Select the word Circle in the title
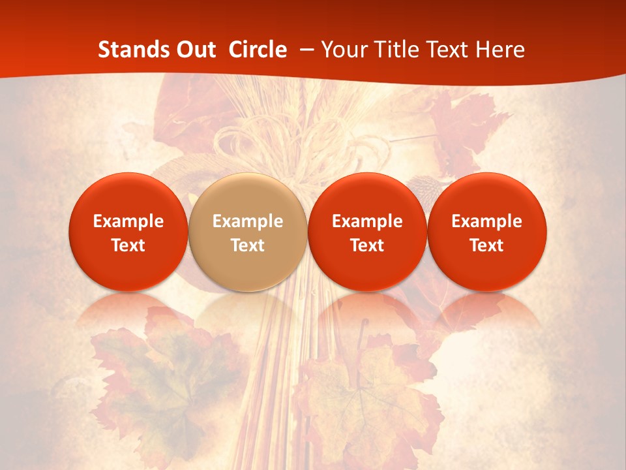tap(258, 50)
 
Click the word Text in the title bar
tap(450, 50)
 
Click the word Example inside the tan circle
tap(248, 222)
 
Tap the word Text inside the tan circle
tap(248, 245)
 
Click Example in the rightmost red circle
tap(487, 222)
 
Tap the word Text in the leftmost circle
tap(128, 245)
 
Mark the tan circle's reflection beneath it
tap(248, 313)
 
